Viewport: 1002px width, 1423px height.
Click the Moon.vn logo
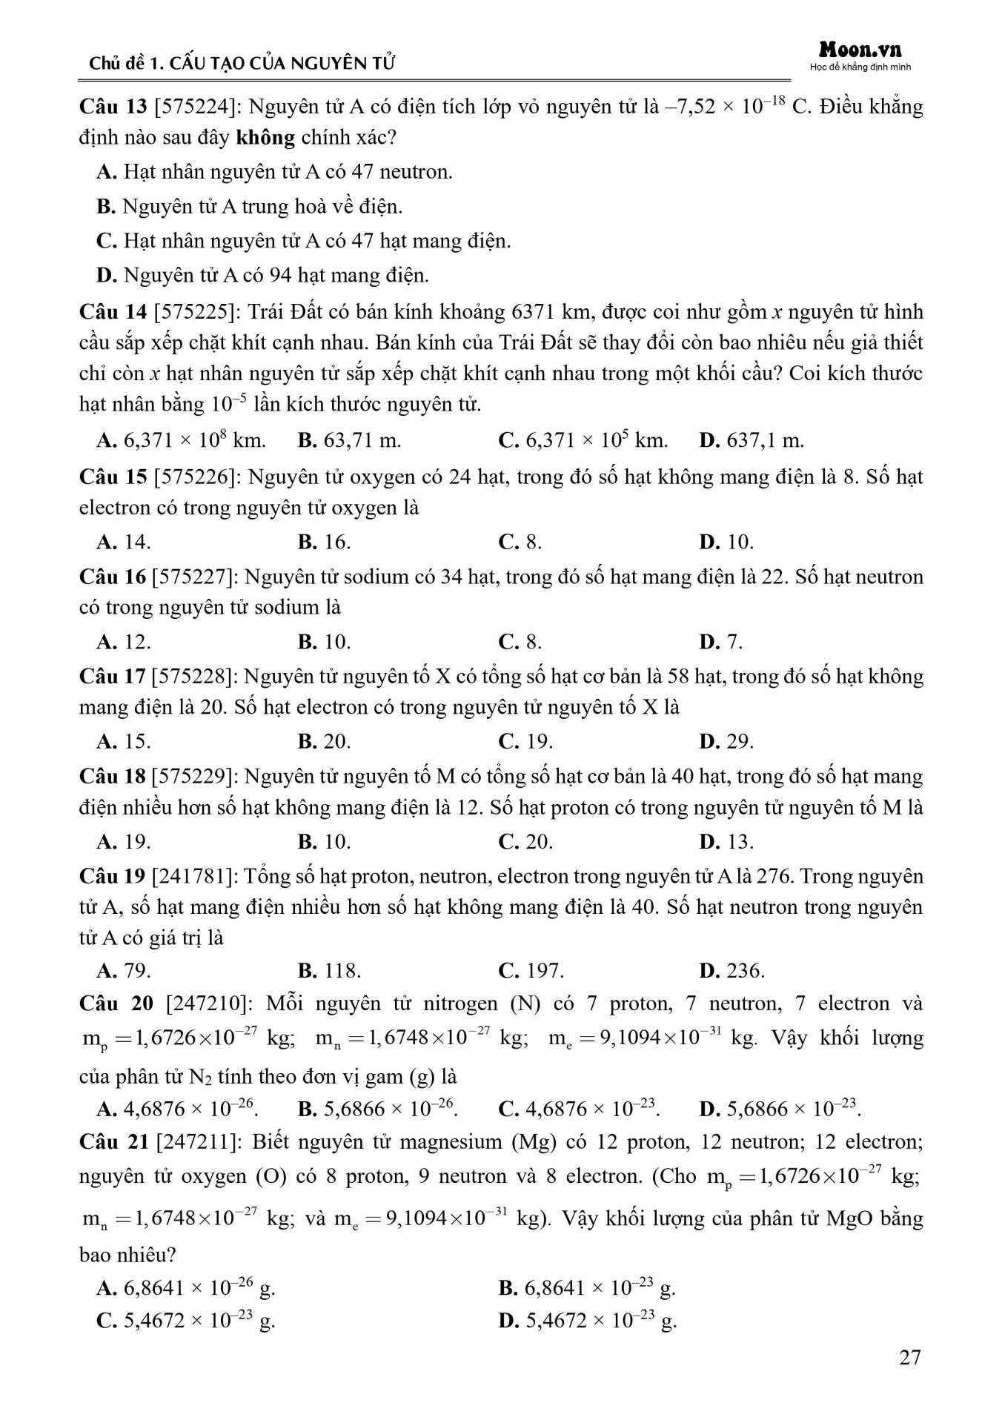860,50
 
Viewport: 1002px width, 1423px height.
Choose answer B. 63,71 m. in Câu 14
349,440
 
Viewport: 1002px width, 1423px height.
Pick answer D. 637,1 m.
751,440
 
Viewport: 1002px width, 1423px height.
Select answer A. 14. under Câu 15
123,542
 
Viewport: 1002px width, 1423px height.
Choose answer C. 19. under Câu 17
525,741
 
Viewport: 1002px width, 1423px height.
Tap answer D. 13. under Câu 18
726,842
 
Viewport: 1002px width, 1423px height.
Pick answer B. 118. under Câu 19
329,970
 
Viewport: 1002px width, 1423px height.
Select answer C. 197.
531,970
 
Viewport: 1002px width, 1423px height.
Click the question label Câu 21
113,1142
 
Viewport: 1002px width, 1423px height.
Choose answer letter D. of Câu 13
107,276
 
